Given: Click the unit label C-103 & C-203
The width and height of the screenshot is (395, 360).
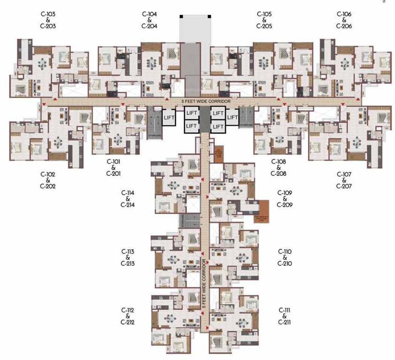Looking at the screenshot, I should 48,20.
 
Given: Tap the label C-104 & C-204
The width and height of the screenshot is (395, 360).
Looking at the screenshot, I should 149,20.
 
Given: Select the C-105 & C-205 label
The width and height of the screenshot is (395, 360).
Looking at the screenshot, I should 264,20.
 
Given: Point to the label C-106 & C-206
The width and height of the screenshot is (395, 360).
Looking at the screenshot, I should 344,20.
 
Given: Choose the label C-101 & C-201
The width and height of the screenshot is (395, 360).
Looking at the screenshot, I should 114,167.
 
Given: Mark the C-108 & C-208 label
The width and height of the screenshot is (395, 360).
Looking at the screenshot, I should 278,167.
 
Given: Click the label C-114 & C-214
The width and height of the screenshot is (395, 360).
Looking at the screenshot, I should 128,199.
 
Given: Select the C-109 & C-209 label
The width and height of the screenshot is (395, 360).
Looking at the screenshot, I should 285,199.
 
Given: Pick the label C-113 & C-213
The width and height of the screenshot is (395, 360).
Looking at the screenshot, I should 128,257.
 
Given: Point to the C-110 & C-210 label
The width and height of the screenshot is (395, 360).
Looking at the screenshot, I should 285,257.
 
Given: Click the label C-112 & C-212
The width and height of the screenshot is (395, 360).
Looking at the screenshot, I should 128,316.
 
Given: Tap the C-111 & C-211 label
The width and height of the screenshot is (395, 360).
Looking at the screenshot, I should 285,316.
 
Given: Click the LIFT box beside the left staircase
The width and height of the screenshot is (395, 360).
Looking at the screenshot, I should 169,117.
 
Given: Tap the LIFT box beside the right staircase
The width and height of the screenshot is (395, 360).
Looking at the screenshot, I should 232,117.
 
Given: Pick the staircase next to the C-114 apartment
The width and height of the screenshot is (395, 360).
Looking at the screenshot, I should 182,222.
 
